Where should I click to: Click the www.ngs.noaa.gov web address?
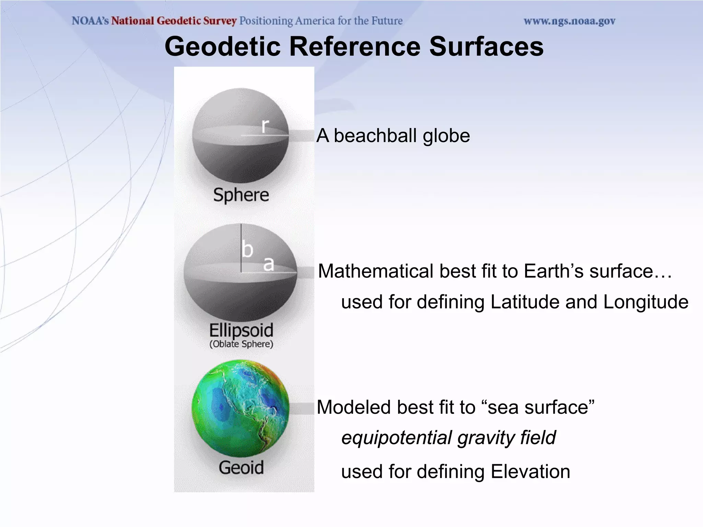coord(569,21)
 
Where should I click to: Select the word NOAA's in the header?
coord(90,21)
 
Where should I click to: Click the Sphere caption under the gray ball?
coord(241,195)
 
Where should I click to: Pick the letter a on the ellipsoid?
coord(269,263)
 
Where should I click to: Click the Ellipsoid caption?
coord(241,330)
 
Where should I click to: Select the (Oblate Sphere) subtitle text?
coord(241,344)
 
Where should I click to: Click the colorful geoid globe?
coord(240,408)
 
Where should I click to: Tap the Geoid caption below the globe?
coord(241,468)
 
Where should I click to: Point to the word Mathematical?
coord(377,271)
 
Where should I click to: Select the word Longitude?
coord(645,302)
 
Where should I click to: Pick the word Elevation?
coord(530,471)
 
